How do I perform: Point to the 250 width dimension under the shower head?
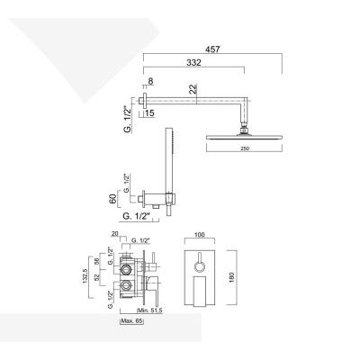pos(235,148)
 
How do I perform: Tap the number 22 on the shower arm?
pos(193,88)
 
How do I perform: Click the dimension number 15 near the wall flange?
pos(148,112)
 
